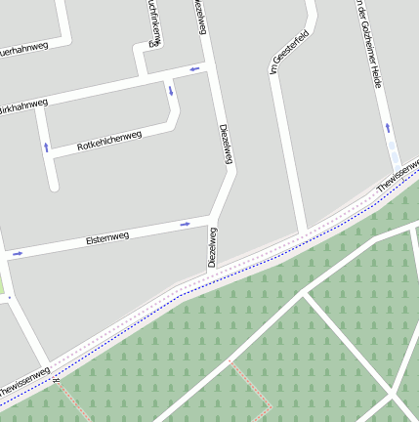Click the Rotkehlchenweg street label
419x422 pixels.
[109, 142]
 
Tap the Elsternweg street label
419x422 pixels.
[107, 238]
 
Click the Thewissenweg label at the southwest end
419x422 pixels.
[23, 382]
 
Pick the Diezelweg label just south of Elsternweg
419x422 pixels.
[212, 247]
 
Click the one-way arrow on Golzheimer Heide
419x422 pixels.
[387, 127]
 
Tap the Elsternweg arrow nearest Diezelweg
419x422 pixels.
[185, 225]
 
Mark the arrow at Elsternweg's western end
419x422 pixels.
[17, 254]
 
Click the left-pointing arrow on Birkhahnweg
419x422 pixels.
[194, 68]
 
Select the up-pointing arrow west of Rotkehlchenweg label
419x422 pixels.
[45, 148]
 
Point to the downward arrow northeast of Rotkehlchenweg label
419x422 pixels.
[171, 92]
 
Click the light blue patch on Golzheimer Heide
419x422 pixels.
[394, 154]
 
